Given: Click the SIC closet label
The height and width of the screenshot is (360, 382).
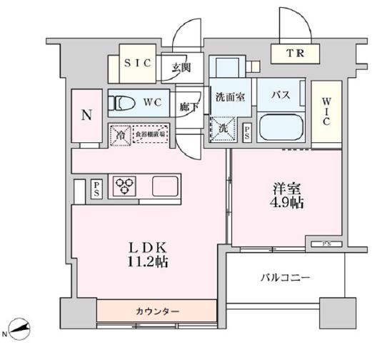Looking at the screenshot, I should coord(138,64).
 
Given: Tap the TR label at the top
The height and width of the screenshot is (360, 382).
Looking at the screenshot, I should coord(294,52).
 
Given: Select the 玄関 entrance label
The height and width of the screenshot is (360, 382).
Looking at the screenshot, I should coord(181,68).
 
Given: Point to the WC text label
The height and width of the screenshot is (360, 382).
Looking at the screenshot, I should coord(157,103).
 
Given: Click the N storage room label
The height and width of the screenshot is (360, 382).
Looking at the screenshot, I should coord(86,114).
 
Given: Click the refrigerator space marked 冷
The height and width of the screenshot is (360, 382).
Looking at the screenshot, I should coord(121,134).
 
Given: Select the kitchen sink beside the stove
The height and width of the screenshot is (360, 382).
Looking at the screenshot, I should coord(166,186).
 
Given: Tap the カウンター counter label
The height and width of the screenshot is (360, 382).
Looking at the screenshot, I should coord(157,312).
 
